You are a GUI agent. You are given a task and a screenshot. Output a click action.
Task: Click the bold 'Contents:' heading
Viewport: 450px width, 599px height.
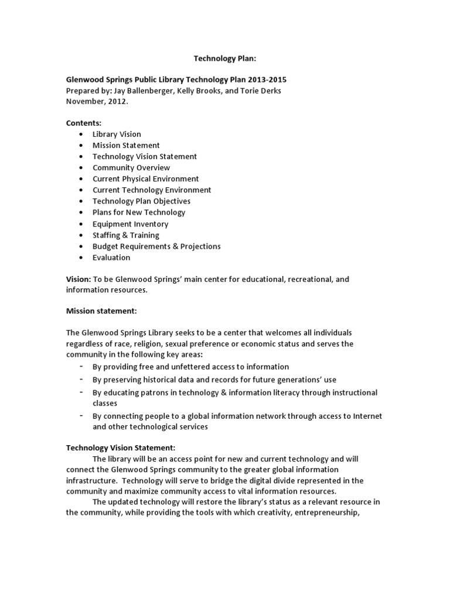point(83,123)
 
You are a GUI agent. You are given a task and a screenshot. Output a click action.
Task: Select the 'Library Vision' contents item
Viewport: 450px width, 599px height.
point(117,134)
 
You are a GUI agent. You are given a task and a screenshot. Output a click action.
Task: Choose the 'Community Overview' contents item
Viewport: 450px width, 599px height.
point(131,167)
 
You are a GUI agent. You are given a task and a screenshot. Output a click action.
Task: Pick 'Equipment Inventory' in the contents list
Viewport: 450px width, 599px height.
point(130,223)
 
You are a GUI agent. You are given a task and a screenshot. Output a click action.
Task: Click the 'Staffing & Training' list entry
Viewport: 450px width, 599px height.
point(125,235)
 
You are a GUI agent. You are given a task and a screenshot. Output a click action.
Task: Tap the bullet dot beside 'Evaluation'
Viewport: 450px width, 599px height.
point(79,257)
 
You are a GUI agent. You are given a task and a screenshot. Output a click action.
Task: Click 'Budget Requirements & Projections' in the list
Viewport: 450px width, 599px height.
point(156,246)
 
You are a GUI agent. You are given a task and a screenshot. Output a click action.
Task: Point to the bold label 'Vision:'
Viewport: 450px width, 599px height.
point(78,279)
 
